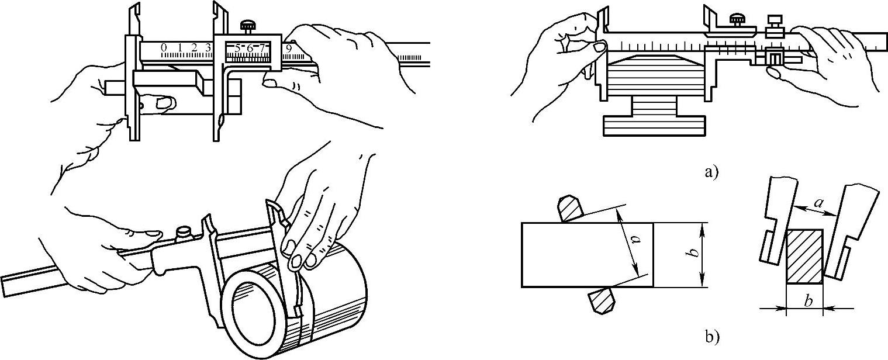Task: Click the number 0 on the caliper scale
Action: point(164,47)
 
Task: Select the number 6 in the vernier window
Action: point(250,49)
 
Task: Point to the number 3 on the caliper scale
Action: point(208,47)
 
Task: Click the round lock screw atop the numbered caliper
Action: point(246,25)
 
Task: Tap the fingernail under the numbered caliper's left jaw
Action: point(164,104)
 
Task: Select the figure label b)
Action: point(708,337)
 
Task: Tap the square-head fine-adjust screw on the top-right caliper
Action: point(775,22)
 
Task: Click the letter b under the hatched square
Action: point(807,302)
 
